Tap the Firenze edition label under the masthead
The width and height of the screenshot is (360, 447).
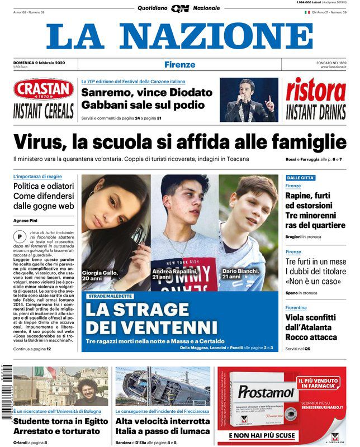[179, 64]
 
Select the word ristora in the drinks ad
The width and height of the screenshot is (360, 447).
[316, 91]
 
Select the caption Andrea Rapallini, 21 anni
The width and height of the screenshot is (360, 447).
[175, 274]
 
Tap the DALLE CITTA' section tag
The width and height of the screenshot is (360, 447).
[301, 178]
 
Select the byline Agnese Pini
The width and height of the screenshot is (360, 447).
[26, 220]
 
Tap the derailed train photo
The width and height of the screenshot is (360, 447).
[163, 386]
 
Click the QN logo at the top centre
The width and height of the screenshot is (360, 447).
[180, 8]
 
